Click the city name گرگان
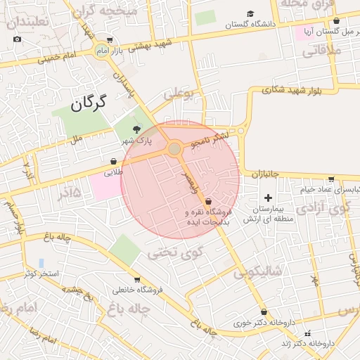88,104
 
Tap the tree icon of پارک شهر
137,128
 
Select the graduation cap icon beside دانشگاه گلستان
251,13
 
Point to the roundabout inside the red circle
174,149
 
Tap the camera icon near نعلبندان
18,39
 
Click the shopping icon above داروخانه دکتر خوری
264,312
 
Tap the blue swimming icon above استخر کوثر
41,263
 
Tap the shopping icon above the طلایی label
114,161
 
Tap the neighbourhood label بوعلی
179,94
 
